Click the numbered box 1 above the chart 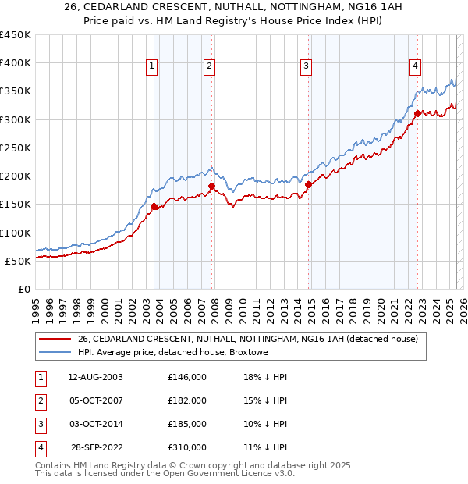pyautogui.click(x=151, y=67)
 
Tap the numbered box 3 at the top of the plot pyautogui.click(x=307, y=67)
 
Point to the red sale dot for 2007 pyautogui.click(x=211, y=186)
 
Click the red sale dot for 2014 pyautogui.click(x=308, y=184)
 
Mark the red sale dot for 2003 pyautogui.click(x=154, y=206)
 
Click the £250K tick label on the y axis pyautogui.click(x=15, y=148)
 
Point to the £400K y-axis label pyautogui.click(x=15, y=63)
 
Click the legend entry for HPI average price pyautogui.click(x=172, y=352)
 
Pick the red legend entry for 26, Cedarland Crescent pyautogui.click(x=248, y=339)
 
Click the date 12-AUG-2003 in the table pyautogui.click(x=95, y=377)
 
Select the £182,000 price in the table pyautogui.click(x=187, y=400)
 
